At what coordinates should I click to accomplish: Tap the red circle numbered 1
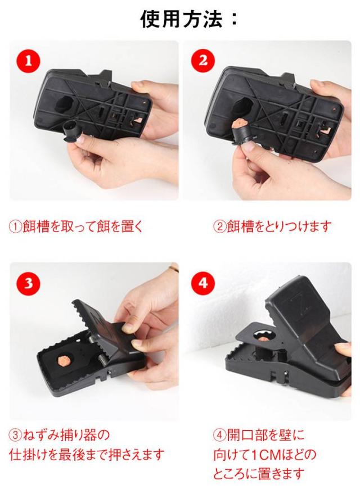pyautogui.click(x=28, y=61)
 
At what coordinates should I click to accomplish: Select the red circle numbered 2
pyautogui.click(x=202, y=61)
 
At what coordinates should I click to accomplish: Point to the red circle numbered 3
pyautogui.click(x=28, y=283)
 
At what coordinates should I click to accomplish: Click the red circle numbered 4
pyautogui.click(x=202, y=283)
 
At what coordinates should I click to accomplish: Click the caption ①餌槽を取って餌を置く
pyautogui.click(x=76, y=226)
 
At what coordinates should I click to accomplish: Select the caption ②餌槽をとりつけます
pyautogui.click(x=272, y=226)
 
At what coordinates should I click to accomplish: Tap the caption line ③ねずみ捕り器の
pyautogui.click(x=60, y=435)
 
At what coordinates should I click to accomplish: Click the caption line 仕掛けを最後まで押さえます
pyautogui.click(x=87, y=455)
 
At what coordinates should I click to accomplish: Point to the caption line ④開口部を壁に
pyautogui.click(x=259, y=435)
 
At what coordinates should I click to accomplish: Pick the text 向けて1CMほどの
pyautogui.click(x=264, y=455)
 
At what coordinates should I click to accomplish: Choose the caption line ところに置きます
pyautogui.click(x=259, y=474)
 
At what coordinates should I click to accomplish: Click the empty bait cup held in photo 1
pyautogui.click(x=71, y=130)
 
